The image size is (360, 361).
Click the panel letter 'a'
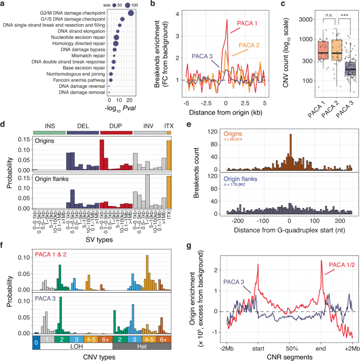pyautogui.click(x=4, y=5)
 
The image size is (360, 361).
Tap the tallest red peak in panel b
pyautogui.click(x=228, y=20)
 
